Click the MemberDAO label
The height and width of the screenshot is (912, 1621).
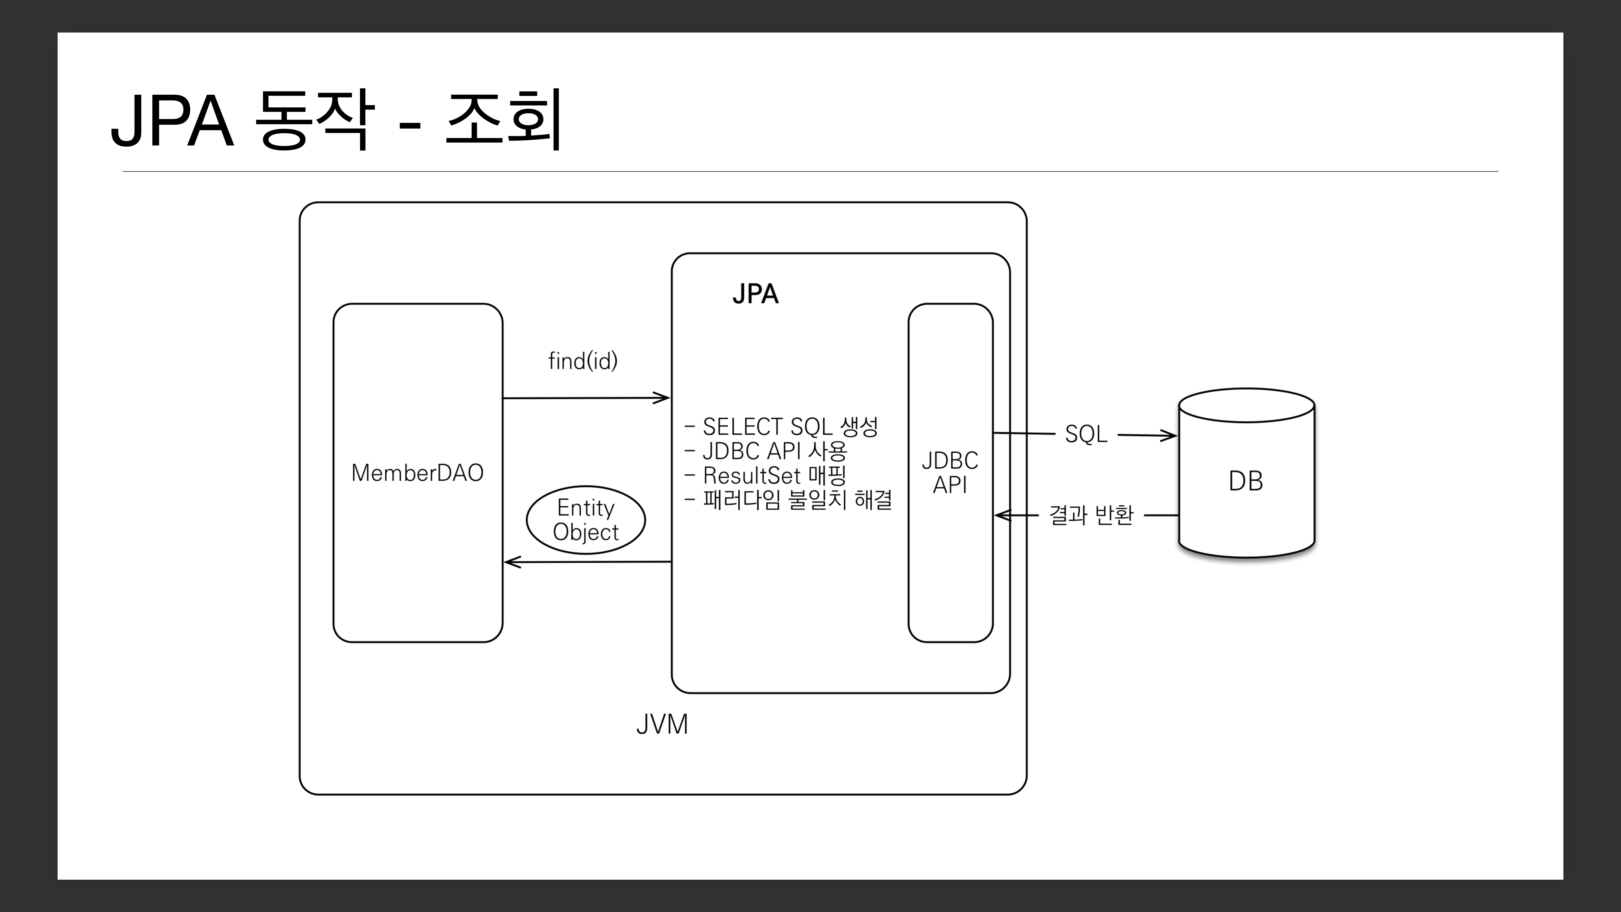[417, 473]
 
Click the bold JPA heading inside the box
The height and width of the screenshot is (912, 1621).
[755, 294]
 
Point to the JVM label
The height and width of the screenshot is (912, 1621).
[662, 725]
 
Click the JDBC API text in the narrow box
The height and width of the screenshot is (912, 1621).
[949, 473]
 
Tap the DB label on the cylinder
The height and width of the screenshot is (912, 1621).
[1245, 481]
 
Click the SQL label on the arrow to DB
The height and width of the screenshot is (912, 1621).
[1086, 434]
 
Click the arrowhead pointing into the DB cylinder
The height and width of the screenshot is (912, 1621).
[1170, 435]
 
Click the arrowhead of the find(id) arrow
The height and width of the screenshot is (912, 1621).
[663, 398]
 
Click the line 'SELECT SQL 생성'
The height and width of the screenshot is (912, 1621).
[790, 427]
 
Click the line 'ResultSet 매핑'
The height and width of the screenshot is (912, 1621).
[774, 475]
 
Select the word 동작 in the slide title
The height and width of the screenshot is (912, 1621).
[315, 120]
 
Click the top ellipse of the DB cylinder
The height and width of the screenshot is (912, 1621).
[1246, 405]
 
